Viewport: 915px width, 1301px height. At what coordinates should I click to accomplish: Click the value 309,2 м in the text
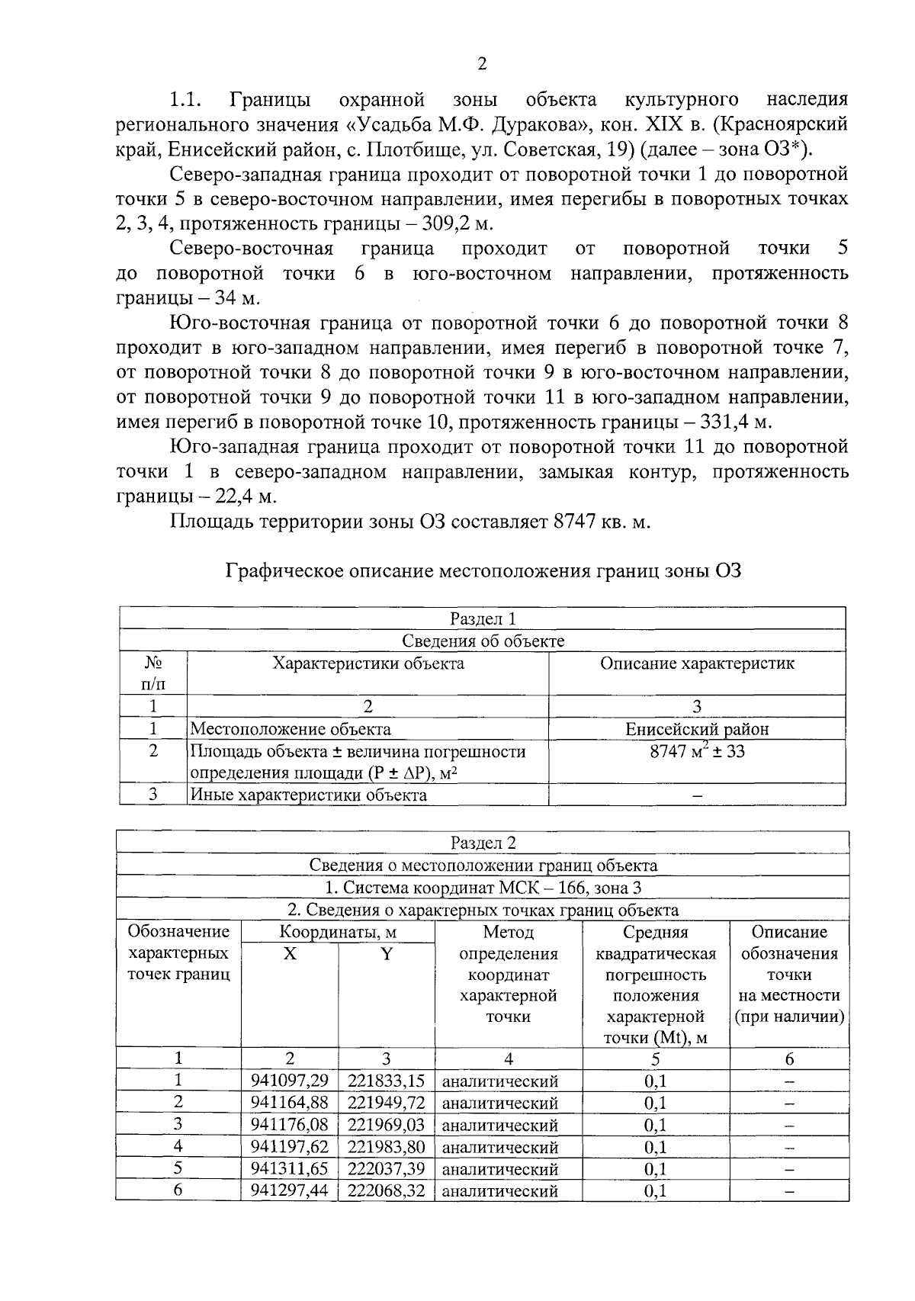[x=457, y=223]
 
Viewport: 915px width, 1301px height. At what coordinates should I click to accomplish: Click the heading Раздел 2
[x=483, y=843]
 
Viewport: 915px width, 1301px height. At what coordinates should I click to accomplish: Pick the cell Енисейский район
[x=697, y=728]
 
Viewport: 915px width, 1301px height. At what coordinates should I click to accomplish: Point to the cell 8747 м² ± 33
[x=697, y=751]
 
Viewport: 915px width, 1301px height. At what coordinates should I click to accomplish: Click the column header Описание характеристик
[x=697, y=663]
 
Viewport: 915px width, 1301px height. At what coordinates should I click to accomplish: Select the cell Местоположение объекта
[x=291, y=729]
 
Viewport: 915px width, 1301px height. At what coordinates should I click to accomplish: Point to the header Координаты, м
[x=338, y=932]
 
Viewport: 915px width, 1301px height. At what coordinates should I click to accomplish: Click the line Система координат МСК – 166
[x=483, y=888]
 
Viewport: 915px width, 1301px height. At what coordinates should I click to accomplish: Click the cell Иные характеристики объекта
[x=308, y=795]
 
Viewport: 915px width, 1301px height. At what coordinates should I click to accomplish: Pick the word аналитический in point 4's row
[x=500, y=1147]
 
